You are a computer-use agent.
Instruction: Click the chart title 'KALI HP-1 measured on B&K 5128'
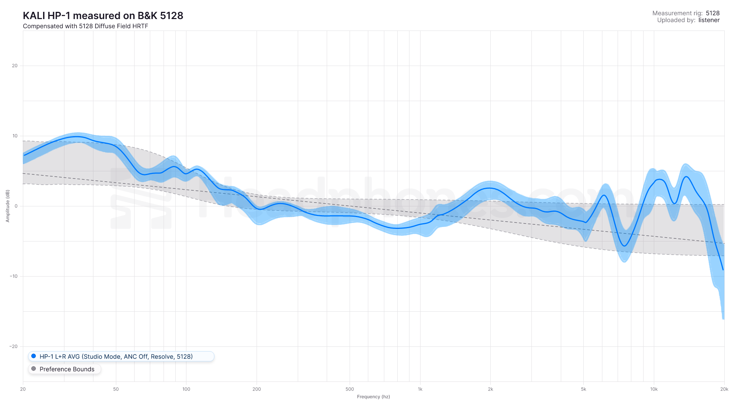click(103, 16)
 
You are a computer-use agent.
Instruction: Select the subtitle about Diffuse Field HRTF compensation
click(85, 26)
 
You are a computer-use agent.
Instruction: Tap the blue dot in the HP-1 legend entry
click(34, 356)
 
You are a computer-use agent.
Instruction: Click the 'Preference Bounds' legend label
click(67, 369)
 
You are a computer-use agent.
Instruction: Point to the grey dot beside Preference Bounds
click(34, 369)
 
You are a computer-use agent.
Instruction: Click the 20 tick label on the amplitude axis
click(14, 66)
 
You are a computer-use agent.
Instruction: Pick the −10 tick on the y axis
click(14, 276)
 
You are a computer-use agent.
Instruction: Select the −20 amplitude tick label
click(14, 346)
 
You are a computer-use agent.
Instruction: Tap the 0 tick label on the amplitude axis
click(16, 206)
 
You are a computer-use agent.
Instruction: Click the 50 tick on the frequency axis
click(116, 389)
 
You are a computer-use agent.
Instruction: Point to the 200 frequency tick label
click(257, 389)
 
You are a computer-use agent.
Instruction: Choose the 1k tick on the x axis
click(420, 389)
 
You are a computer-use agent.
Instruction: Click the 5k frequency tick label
click(583, 389)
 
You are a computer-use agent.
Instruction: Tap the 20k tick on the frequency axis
click(724, 389)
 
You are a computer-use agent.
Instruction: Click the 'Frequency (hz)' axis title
click(373, 397)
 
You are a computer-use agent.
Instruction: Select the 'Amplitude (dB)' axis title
click(8, 206)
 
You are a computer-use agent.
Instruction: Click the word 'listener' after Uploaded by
click(709, 20)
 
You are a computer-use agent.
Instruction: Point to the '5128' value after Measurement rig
click(713, 13)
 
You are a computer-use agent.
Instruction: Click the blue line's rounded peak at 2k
click(490, 188)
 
